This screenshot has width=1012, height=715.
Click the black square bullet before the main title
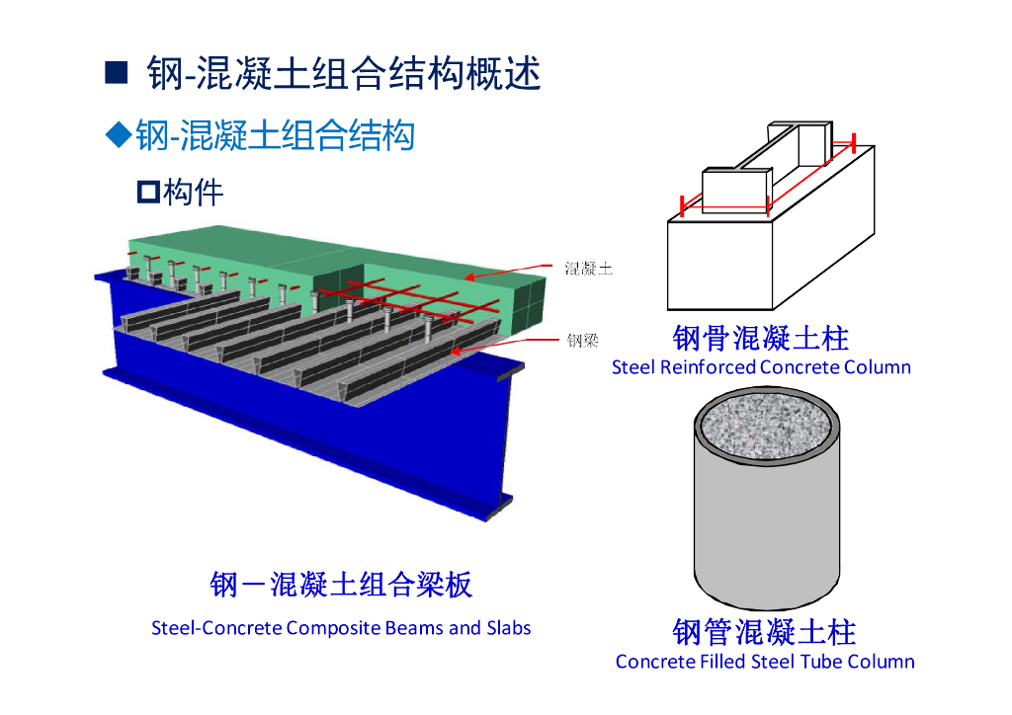(117, 72)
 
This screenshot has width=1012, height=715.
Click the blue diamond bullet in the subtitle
(119, 134)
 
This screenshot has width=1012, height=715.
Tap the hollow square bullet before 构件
(148, 192)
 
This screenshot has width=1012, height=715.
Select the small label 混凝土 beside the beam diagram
(588, 268)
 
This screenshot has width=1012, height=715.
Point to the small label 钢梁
(582, 342)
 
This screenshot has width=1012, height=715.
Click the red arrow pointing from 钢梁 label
(504, 344)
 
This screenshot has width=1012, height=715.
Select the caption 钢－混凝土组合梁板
(341, 585)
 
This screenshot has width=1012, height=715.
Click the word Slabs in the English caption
(508, 628)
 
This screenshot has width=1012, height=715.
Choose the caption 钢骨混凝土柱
(760, 339)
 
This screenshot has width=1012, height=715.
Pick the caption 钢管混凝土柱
(764, 631)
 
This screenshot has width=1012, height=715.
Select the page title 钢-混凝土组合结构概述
(344, 73)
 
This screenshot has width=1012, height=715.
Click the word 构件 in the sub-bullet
(194, 192)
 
